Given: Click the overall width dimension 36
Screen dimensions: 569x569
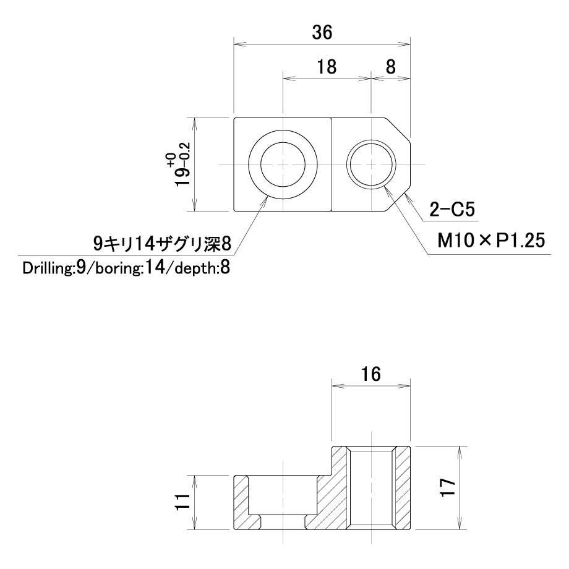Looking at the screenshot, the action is [x=322, y=33].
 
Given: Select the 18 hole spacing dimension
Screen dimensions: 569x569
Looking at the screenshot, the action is [x=327, y=67].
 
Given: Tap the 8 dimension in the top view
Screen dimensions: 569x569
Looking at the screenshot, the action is [x=390, y=67].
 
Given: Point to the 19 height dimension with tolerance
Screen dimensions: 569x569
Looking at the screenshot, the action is [x=181, y=169].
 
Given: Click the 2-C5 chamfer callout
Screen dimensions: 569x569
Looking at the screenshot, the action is [x=451, y=210].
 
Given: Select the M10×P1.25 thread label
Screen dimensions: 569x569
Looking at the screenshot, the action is [x=491, y=240].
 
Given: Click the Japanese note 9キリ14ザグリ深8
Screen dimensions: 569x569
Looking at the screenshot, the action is [x=162, y=244].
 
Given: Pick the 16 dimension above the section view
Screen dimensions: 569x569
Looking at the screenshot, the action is [x=371, y=374].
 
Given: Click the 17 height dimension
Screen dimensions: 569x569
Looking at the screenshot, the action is [x=448, y=488].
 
